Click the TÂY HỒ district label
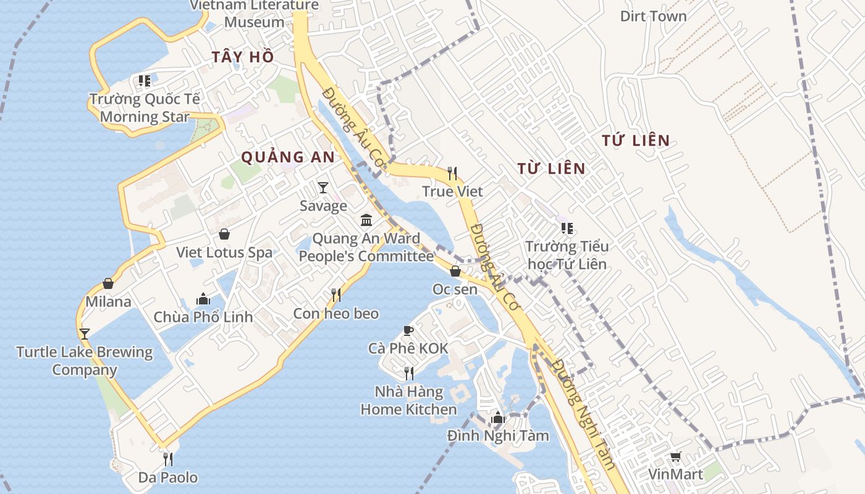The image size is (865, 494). point(242,57)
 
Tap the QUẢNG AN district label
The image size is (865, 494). point(288,157)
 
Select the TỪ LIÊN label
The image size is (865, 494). point(551,168)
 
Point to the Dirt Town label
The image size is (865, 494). point(653,16)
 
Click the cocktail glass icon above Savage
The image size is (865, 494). point(323,187)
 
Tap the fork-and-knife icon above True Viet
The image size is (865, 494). point(452,174)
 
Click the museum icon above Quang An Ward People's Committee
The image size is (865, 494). point(366,220)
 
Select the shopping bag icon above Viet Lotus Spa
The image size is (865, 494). point(224,235)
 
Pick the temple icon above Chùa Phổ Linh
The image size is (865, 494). point(203,299)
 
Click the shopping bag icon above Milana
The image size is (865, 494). point(108,283)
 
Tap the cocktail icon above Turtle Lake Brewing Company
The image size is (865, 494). point(85,334)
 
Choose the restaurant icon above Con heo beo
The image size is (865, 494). point(336,295)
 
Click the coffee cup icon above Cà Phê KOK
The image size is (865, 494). point(408,330)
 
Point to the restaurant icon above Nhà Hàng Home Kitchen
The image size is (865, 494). point(408,373)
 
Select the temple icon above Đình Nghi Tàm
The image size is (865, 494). point(497,418)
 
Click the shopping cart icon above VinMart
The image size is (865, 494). point(675,457)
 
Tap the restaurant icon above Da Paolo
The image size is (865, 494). point(167,459)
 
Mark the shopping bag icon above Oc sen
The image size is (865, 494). point(455,271)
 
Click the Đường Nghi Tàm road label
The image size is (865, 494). point(584,414)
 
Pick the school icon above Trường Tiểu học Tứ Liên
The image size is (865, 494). point(567,229)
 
